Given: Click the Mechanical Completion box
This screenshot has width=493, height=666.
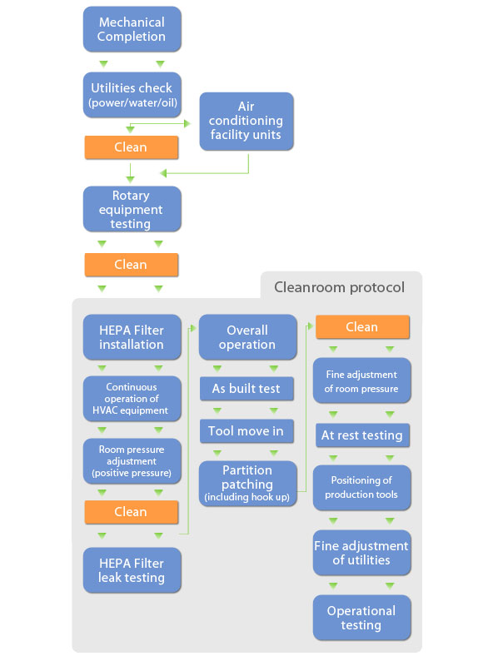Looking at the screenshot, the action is click(132, 29).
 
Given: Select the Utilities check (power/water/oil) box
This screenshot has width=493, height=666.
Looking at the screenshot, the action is click(132, 95).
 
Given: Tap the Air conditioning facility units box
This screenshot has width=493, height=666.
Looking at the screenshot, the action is click(246, 121).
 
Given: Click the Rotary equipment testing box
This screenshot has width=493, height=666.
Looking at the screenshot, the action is click(132, 209).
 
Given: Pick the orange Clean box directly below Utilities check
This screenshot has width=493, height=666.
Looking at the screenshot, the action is click(132, 147).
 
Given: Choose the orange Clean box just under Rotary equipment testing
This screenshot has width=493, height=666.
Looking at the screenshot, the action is click(132, 265).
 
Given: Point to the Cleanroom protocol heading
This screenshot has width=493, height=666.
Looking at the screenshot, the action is click(339, 287).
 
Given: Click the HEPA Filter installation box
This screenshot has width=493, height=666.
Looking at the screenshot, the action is click(132, 337).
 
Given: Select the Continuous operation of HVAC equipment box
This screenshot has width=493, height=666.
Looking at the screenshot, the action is click(132, 399).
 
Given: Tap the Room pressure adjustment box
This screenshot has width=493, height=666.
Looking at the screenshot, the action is click(132, 461).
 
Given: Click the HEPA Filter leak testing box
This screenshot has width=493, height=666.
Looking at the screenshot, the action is click(132, 570).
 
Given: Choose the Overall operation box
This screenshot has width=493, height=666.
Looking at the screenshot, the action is click(248, 337).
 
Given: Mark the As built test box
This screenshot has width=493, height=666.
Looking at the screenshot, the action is click(247, 389).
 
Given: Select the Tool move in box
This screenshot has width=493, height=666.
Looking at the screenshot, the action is click(247, 431).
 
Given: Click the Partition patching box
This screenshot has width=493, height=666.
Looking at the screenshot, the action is click(248, 484).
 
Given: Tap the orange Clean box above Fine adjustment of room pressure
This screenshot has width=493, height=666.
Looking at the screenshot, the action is click(362, 327).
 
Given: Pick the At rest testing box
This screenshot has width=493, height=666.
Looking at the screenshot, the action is click(362, 435).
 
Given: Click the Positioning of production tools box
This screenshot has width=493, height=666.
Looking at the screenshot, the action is click(362, 488).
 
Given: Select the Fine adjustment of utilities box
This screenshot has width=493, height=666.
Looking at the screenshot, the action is click(362, 553).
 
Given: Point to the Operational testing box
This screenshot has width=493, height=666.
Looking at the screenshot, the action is click(362, 618).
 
